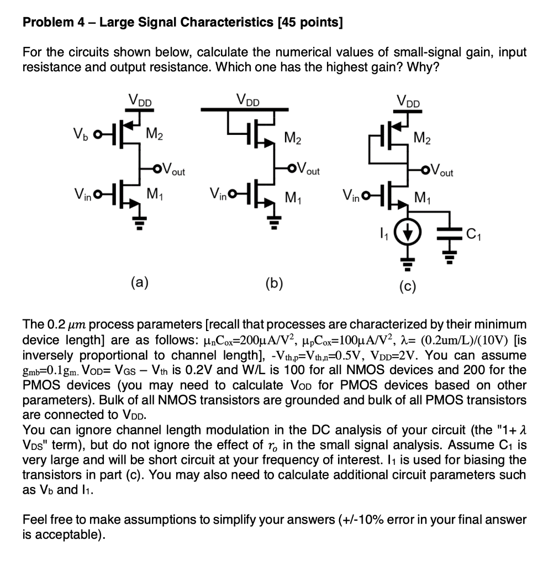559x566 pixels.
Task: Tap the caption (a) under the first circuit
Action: (139, 284)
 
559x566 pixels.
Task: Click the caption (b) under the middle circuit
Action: (273, 284)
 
